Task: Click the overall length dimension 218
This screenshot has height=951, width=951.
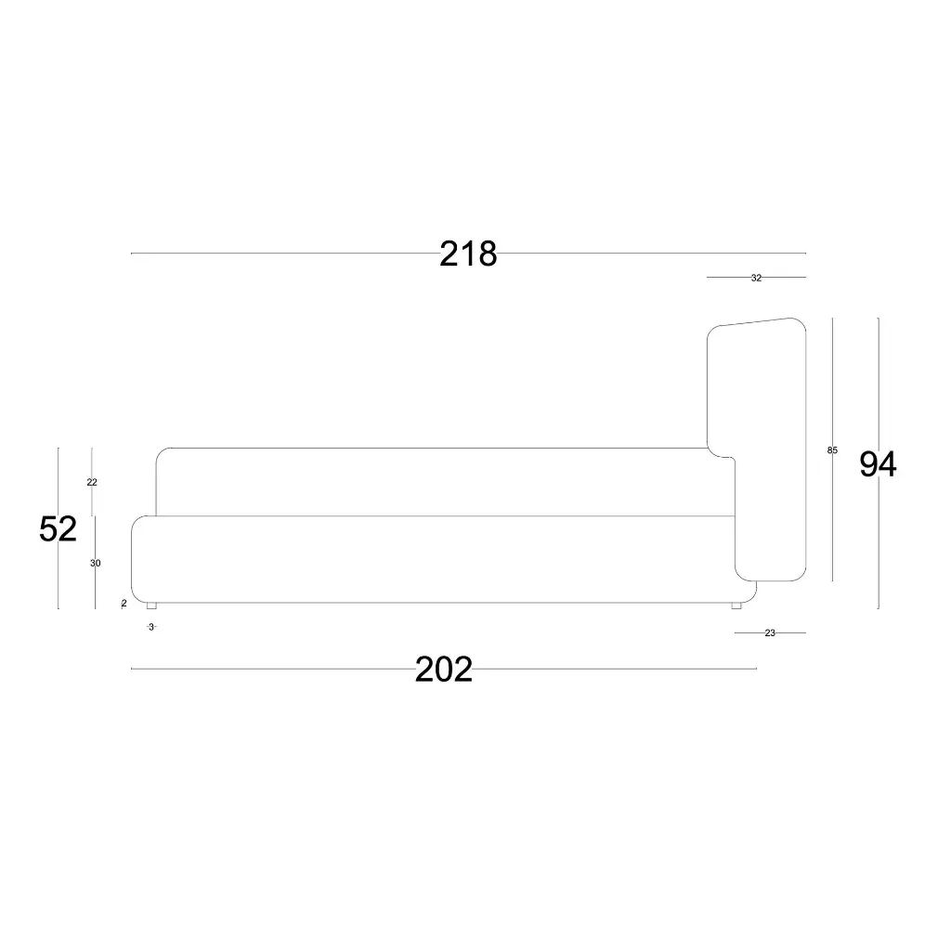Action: (468, 254)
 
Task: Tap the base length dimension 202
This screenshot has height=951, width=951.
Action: (444, 669)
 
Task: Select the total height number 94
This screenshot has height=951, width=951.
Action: (877, 464)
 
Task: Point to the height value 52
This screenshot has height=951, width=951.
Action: (58, 529)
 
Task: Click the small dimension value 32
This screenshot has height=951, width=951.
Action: (756, 278)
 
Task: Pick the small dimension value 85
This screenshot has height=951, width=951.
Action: (832, 450)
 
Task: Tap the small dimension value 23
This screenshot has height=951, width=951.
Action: (770, 632)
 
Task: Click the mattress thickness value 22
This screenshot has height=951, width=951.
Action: (92, 482)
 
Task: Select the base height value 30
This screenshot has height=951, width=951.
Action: (96, 563)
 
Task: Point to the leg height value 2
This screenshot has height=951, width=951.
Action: (124, 604)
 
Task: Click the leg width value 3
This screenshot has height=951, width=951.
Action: (151, 627)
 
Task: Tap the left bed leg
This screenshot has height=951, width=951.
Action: (151, 606)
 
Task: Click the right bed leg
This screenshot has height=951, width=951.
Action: (736, 606)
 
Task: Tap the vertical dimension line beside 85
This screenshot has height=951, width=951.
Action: (832, 520)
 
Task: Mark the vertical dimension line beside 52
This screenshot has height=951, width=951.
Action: (59, 576)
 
